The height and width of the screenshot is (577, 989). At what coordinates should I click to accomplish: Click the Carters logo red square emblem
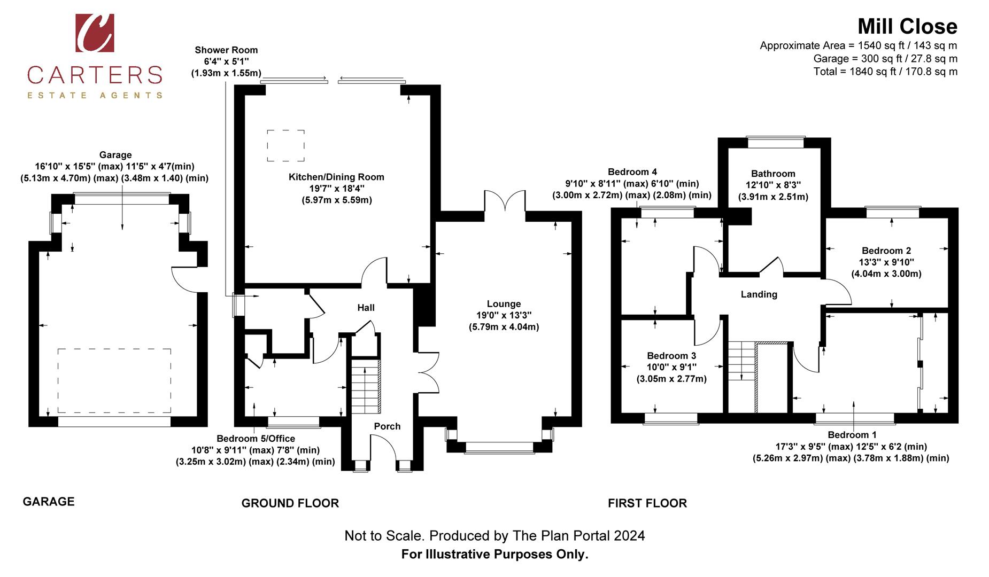95,33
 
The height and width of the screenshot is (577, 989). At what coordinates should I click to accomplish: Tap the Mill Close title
907,26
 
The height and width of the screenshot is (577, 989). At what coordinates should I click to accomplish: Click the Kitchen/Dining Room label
336,177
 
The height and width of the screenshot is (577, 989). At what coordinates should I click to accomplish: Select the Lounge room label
504,303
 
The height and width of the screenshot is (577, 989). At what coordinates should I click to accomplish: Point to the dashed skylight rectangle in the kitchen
286,145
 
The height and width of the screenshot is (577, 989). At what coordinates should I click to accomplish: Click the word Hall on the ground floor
366,307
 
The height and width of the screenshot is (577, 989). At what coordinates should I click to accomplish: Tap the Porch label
387,426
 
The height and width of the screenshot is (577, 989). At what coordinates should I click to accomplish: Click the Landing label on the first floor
759,294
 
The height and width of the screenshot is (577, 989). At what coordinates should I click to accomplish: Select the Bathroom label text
773,174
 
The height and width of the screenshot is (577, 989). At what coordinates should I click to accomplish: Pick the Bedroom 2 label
886,251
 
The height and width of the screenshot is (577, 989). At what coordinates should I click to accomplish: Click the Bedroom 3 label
671,356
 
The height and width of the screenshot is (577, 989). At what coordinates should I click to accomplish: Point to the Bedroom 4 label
632,172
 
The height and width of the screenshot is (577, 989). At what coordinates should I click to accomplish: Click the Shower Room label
226,50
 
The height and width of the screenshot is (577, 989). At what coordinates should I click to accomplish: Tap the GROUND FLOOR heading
290,503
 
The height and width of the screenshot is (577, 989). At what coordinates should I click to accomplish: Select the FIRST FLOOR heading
647,503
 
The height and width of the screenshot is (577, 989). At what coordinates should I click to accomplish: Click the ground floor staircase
365,386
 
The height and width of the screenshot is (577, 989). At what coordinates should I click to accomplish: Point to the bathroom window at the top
775,142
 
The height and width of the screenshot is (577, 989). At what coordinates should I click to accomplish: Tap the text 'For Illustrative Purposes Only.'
494,554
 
